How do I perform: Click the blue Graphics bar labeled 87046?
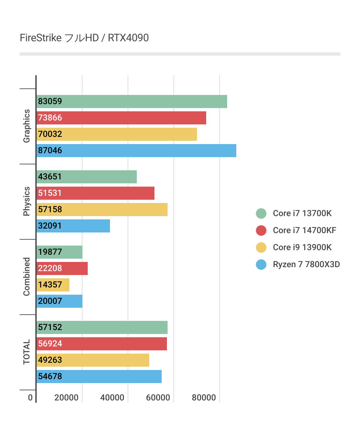136,151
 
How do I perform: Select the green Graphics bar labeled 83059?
132,102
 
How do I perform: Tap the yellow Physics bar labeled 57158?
102,210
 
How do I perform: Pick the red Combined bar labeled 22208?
62,268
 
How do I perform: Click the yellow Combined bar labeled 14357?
53,285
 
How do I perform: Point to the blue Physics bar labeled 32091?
73,226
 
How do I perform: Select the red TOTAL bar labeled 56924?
101,344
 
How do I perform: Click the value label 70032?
50,134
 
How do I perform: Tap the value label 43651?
50,177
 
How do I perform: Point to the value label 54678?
50,377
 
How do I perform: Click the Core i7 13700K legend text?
302,213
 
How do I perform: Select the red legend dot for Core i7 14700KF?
261,231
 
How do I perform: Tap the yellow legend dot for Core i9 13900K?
261,248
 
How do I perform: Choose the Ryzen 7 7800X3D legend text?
306,265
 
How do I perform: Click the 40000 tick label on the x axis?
112,398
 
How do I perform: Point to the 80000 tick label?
204,398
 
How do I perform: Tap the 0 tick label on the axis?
30,398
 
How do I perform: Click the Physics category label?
27,201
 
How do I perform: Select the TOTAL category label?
27,352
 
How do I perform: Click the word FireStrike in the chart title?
41,38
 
